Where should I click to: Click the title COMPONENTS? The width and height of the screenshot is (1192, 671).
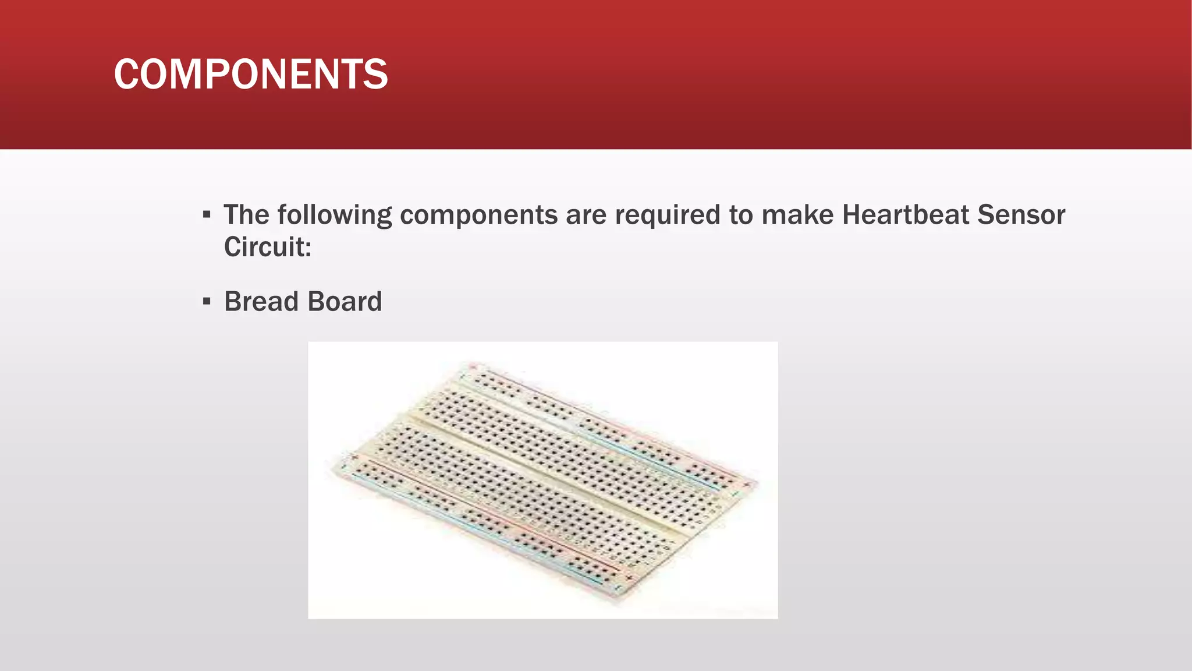pos(250,75)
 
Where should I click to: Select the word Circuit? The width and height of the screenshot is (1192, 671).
pos(268,247)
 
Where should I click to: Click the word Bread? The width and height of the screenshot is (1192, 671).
pos(261,302)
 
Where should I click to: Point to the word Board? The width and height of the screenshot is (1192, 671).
pos(344,302)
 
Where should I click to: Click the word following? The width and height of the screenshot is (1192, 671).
pos(335,216)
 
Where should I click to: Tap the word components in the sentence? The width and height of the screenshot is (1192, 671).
pos(478,215)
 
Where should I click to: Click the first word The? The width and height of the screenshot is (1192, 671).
pos(246,215)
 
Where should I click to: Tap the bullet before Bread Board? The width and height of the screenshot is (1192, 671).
pos(207,302)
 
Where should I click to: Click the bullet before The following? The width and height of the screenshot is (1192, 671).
pos(207,215)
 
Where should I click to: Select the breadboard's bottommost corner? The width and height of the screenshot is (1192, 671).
pos(617,594)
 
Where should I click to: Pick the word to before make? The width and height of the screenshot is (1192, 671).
pos(741,215)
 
